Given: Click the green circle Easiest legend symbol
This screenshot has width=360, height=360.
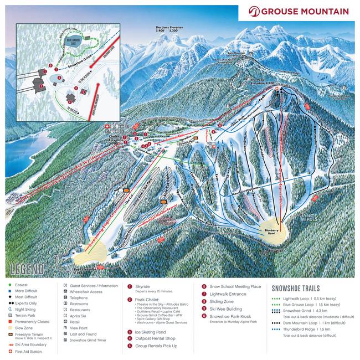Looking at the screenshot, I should pyautogui.click(x=10, y=285).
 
